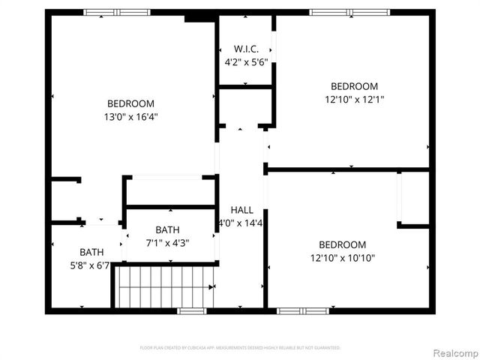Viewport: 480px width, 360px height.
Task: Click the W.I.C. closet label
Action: (x=246, y=49)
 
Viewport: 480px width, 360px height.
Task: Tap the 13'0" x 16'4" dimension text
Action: (x=130, y=116)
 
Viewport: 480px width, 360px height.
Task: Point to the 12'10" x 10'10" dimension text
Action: (x=342, y=258)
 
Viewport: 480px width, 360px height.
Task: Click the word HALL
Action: (x=242, y=210)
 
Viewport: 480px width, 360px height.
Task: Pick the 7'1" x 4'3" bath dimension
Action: (x=167, y=243)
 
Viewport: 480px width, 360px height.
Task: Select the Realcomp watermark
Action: (x=453, y=352)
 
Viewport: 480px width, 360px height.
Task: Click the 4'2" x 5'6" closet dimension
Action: (x=246, y=62)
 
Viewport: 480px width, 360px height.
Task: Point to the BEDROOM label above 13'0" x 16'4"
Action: (x=130, y=103)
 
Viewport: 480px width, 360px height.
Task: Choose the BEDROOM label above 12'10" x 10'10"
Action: (x=342, y=244)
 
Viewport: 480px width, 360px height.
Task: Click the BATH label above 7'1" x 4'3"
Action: (x=167, y=230)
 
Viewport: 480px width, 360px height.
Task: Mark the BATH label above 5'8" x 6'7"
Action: (x=91, y=252)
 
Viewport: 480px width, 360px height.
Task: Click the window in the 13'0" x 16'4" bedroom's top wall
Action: (x=116, y=12)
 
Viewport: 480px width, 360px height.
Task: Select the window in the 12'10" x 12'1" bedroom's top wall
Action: (x=349, y=12)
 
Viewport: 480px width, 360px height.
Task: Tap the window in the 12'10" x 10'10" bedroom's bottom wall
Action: (x=302, y=310)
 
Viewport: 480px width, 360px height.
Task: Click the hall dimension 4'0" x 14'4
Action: (x=241, y=223)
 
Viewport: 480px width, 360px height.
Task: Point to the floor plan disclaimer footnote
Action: (x=240, y=348)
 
